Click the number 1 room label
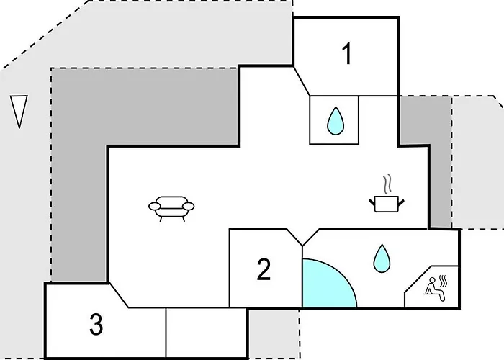[x=347, y=54]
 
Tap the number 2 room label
[x=264, y=269]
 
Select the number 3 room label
[x=96, y=324]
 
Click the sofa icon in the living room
[x=171, y=209]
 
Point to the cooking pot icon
[x=387, y=204]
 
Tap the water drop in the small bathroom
[x=336, y=120]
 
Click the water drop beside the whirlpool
[x=382, y=258]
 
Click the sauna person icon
[x=434, y=289]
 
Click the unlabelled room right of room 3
[x=207, y=333]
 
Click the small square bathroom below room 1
[x=334, y=120]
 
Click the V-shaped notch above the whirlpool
[x=302, y=238]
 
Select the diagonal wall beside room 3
[x=119, y=295]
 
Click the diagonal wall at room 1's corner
[x=302, y=81]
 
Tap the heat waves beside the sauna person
[x=444, y=281]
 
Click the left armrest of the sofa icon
[x=155, y=206]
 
